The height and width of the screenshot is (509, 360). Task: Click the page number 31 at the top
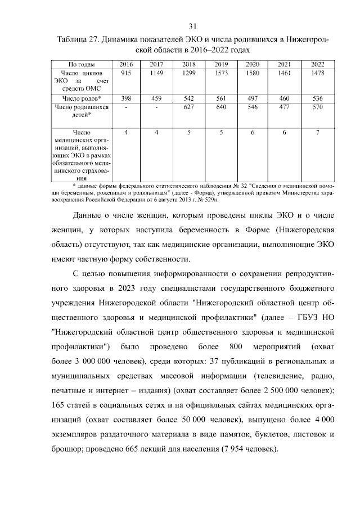(x=192, y=27)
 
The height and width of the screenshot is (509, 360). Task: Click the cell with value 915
(x=126, y=73)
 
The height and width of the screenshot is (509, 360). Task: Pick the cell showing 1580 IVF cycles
(x=253, y=73)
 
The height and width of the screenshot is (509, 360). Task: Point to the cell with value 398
(x=126, y=98)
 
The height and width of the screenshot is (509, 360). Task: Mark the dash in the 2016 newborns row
(x=126, y=106)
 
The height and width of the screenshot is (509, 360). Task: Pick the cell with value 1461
(x=285, y=73)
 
